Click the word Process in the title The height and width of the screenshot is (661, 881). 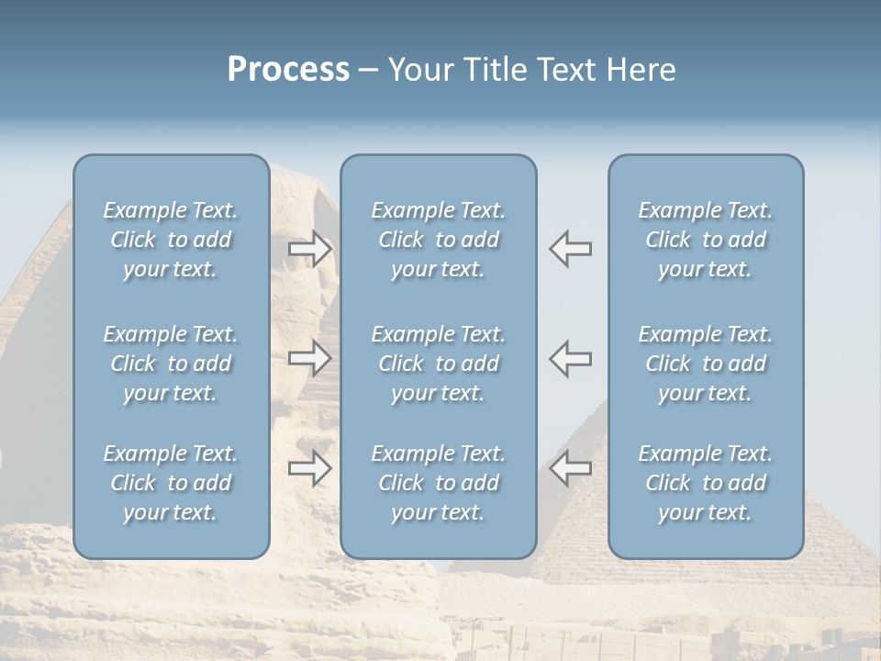(288, 70)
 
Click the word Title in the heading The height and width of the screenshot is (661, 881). (496, 70)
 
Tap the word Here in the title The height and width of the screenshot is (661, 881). (639, 70)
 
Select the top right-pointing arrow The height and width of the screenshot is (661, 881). (310, 248)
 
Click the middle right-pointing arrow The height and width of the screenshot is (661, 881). (310, 358)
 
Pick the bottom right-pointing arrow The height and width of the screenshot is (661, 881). (310, 467)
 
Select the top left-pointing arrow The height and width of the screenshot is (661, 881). (570, 248)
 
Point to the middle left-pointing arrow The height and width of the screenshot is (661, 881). (570, 358)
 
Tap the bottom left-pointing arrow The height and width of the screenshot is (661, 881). (570, 467)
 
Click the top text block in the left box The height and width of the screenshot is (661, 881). (171, 240)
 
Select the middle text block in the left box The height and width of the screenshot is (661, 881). (171, 364)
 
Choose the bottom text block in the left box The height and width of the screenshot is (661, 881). (171, 483)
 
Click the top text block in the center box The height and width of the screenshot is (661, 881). (438, 240)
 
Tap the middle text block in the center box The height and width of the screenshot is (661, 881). (438, 364)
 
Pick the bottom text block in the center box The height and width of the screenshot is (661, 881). (438, 483)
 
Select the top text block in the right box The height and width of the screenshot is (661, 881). (705, 240)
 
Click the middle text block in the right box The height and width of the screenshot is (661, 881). (705, 364)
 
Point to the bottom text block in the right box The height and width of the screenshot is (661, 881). (705, 483)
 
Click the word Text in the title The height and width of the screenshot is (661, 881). (565, 70)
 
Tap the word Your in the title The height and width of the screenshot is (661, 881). (421, 70)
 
